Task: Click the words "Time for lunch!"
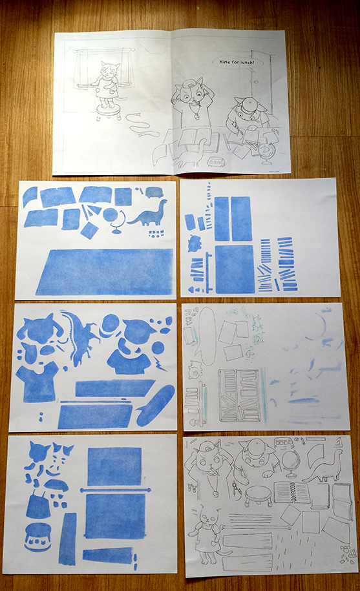(x=237, y=62)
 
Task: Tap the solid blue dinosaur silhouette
(x=149, y=215)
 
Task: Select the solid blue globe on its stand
(x=114, y=221)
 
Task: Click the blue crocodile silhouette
(x=80, y=337)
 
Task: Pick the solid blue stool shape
(x=37, y=537)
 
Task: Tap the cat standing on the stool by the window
(x=107, y=85)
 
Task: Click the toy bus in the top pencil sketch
(x=217, y=162)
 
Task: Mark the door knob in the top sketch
(x=254, y=81)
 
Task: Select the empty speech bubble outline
(x=206, y=335)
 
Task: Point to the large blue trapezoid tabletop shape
(x=105, y=272)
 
